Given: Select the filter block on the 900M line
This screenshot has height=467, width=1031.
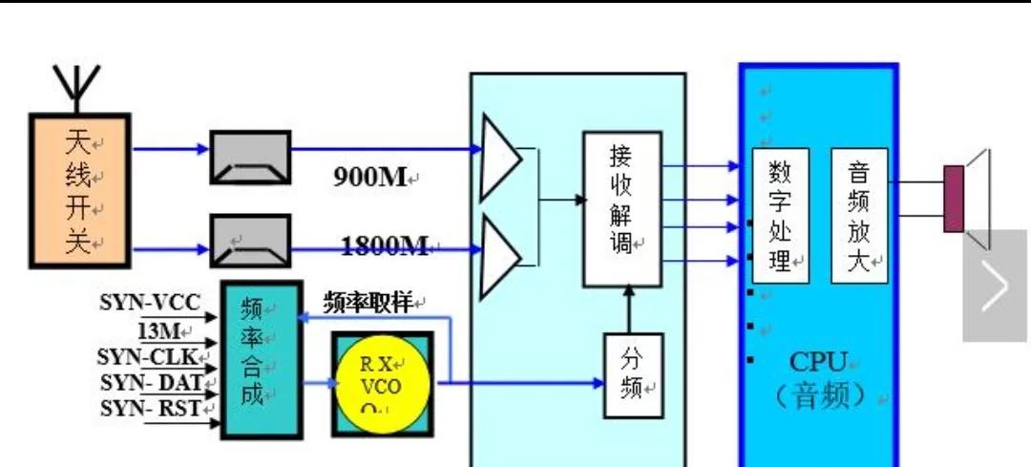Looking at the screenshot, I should (x=249, y=157).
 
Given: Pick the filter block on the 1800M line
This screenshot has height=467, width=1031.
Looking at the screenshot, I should (x=249, y=241).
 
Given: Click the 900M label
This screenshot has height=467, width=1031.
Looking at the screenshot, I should (x=370, y=177).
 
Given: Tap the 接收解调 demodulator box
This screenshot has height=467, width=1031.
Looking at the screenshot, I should (x=622, y=209).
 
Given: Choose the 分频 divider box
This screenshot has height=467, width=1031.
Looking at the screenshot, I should (x=633, y=374).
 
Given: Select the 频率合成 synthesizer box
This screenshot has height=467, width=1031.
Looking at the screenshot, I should (x=261, y=359).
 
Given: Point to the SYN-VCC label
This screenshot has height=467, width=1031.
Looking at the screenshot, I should (x=150, y=304).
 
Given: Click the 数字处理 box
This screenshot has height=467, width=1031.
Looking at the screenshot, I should (x=780, y=216).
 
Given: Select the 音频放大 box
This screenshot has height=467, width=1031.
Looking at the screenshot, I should (x=859, y=216).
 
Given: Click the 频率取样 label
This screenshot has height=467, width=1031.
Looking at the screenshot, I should (x=368, y=304).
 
